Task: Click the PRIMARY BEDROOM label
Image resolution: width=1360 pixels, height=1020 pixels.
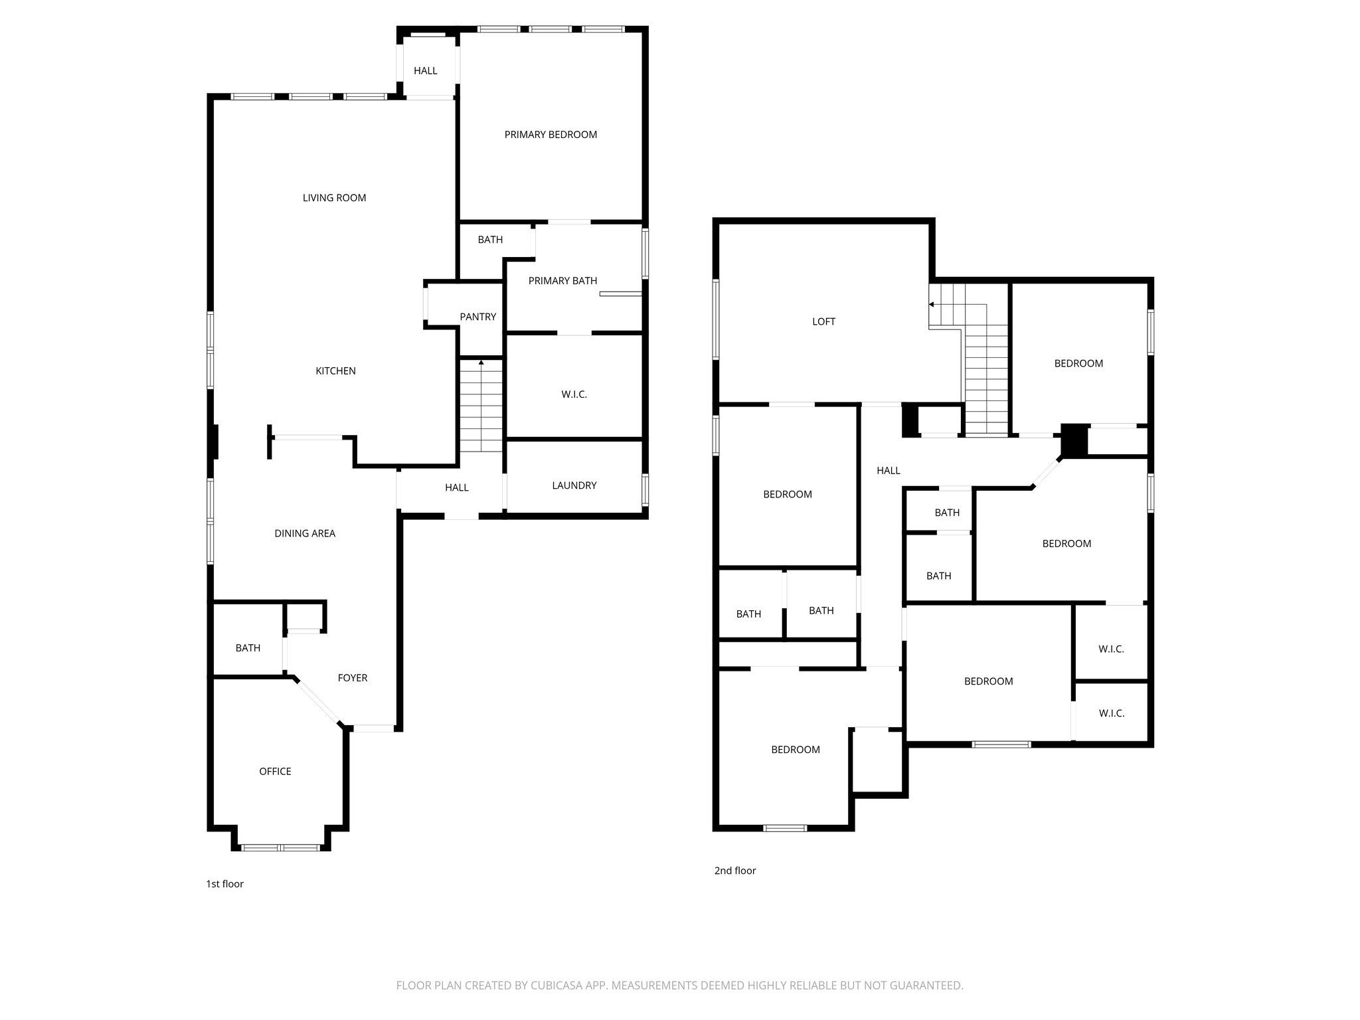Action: click(551, 135)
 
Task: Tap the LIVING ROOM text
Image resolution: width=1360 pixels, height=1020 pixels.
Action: click(334, 198)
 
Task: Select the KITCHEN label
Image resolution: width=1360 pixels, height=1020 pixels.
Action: click(335, 371)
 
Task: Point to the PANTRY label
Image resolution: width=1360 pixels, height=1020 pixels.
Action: click(477, 317)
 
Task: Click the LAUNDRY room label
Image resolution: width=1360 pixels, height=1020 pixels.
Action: click(574, 485)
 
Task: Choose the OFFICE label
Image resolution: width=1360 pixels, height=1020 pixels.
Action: click(275, 772)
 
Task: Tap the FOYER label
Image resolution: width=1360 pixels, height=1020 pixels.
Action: click(352, 678)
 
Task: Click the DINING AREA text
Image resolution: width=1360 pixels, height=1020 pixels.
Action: click(305, 533)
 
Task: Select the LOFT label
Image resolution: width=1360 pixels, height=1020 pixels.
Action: click(823, 321)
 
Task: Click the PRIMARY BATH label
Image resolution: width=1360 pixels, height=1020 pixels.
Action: click(562, 281)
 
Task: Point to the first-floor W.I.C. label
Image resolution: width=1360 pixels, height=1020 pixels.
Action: click(574, 394)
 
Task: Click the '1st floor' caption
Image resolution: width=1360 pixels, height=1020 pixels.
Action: click(224, 884)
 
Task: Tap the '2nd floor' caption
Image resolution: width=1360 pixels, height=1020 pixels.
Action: click(734, 871)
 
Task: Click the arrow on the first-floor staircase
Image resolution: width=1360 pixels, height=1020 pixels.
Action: click(481, 363)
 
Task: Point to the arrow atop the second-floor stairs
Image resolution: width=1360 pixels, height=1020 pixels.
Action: click(932, 305)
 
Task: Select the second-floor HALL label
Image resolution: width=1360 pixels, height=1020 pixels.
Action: click(888, 471)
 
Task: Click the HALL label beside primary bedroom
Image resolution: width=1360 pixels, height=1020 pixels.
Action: click(425, 71)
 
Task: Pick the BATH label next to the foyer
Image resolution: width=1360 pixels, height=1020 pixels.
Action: click(248, 648)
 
